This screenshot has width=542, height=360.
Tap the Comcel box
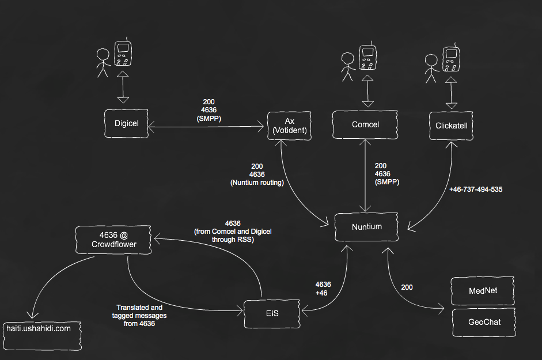365,125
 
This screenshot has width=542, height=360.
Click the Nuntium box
366,226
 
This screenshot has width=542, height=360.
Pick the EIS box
271,313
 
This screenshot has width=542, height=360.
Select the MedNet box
483,291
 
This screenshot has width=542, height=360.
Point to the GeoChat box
483,322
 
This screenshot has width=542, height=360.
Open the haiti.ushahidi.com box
39,328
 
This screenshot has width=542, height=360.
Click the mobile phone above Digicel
122,54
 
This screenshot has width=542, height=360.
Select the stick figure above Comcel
347,66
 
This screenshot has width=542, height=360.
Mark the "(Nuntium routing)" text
257,183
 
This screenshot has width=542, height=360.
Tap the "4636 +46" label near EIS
323,289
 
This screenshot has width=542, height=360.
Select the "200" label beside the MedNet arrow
407,287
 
